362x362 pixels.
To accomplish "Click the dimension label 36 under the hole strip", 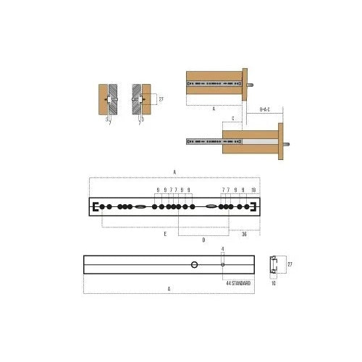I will click(244, 234).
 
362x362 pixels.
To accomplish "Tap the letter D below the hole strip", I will click(203, 240).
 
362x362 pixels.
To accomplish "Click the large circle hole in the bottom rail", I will click(195, 265).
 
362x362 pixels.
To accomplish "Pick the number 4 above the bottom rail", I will click(223, 250).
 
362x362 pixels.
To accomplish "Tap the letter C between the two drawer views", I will click(232, 117).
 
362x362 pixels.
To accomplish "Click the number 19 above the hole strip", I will click(253, 190).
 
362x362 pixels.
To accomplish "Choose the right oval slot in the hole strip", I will click(211, 207).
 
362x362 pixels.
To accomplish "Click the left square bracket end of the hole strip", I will click(95, 207).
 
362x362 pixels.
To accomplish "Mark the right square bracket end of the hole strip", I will click(254, 207).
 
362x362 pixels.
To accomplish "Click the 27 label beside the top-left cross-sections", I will click(161, 99).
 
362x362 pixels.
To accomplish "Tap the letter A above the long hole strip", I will click(174, 172).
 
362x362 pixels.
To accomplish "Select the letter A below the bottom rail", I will click(169, 288).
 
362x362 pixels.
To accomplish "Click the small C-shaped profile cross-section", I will click(273, 265).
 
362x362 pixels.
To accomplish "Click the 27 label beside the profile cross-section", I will click(290, 265).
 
